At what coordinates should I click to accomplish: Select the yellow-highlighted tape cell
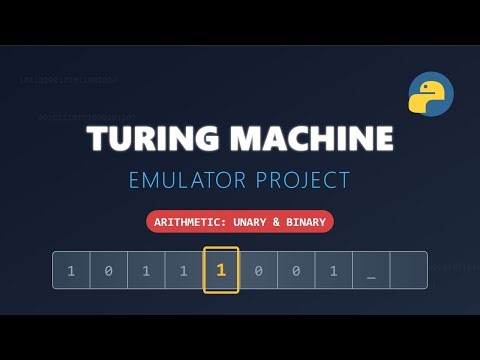coord(221,270)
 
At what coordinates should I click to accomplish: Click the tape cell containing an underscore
coord(371,270)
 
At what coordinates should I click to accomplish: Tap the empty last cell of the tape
coord(408,270)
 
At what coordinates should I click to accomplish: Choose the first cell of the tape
coord(71,270)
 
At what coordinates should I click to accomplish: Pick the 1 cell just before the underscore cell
coord(333,270)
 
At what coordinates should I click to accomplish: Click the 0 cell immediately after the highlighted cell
coord(258,270)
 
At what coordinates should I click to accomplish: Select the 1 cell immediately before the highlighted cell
coord(183,270)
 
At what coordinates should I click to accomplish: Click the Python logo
coord(431,95)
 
